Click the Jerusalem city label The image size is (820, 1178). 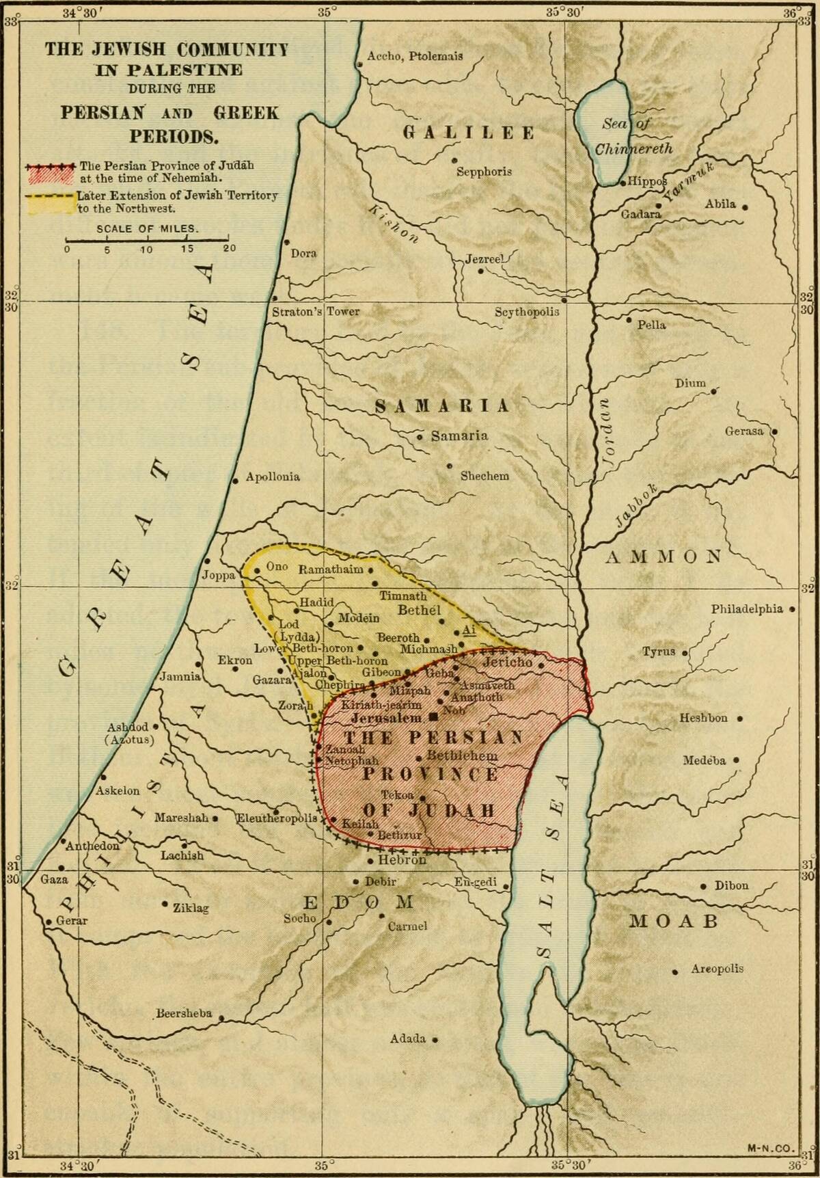point(386,719)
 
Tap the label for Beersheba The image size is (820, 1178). point(184,1013)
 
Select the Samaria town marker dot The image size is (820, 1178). point(420,436)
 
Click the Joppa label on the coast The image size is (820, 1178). point(218,575)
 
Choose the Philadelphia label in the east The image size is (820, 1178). point(747,608)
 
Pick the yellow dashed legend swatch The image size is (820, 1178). point(49,203)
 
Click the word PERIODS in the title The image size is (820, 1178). point(174,136)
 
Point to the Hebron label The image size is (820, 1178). point(402,860)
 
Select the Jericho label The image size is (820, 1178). point(507,662)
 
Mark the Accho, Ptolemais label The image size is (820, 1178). point(415,56)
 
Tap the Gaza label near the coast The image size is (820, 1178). point(54,879)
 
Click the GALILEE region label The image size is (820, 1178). point(469,133)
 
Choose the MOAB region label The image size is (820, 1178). point(673,921)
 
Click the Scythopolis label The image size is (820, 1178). point(527,312)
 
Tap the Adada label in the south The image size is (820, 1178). point(408,1039)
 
